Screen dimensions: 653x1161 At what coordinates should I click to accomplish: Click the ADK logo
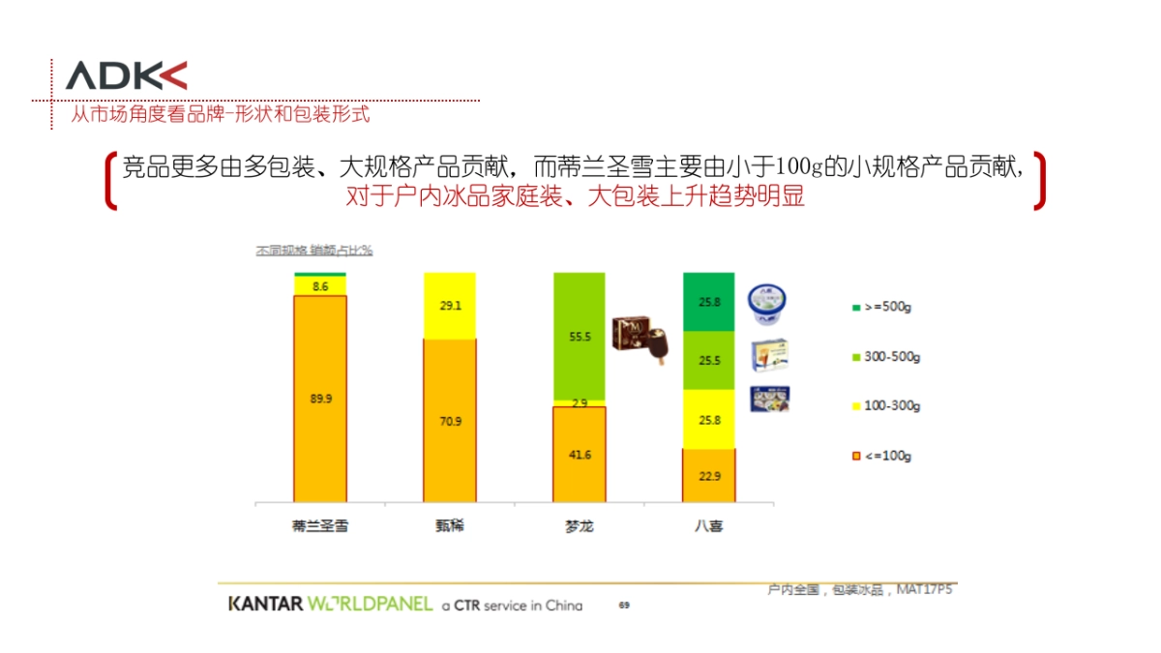126,75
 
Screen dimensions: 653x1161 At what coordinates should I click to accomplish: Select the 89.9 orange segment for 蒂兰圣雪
320,398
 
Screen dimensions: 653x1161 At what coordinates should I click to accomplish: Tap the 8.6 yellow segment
320,286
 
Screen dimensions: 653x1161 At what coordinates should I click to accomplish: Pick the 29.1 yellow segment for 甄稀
450,306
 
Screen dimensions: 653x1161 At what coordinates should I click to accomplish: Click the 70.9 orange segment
450,421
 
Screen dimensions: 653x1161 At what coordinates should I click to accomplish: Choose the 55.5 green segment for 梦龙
579,336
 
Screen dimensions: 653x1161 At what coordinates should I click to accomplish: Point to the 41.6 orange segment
579,454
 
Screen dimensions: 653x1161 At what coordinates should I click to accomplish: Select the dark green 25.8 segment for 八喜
709,302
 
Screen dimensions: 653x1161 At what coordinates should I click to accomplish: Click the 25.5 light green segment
709,361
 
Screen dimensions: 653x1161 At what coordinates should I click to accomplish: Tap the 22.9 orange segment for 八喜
709,475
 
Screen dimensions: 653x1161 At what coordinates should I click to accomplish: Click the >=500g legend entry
881,308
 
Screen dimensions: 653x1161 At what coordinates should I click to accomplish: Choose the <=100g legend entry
881,456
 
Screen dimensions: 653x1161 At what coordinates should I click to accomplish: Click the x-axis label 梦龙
579,527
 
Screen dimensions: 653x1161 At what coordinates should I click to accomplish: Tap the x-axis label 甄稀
450,527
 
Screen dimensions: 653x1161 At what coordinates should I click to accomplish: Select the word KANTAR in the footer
265,605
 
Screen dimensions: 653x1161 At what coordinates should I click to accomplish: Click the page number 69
624,606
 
